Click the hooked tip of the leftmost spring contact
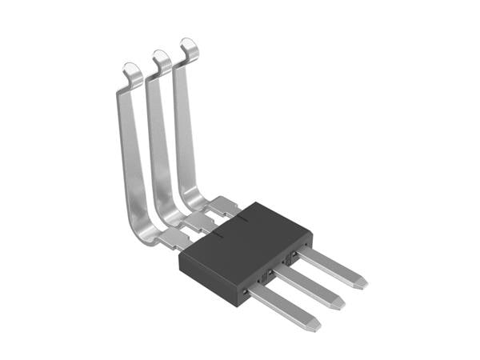(133, 71)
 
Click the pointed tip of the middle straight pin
(338, 303)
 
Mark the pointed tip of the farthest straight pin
(362, 282)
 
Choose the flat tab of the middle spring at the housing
(201, 222)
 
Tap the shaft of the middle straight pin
(308, 286)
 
